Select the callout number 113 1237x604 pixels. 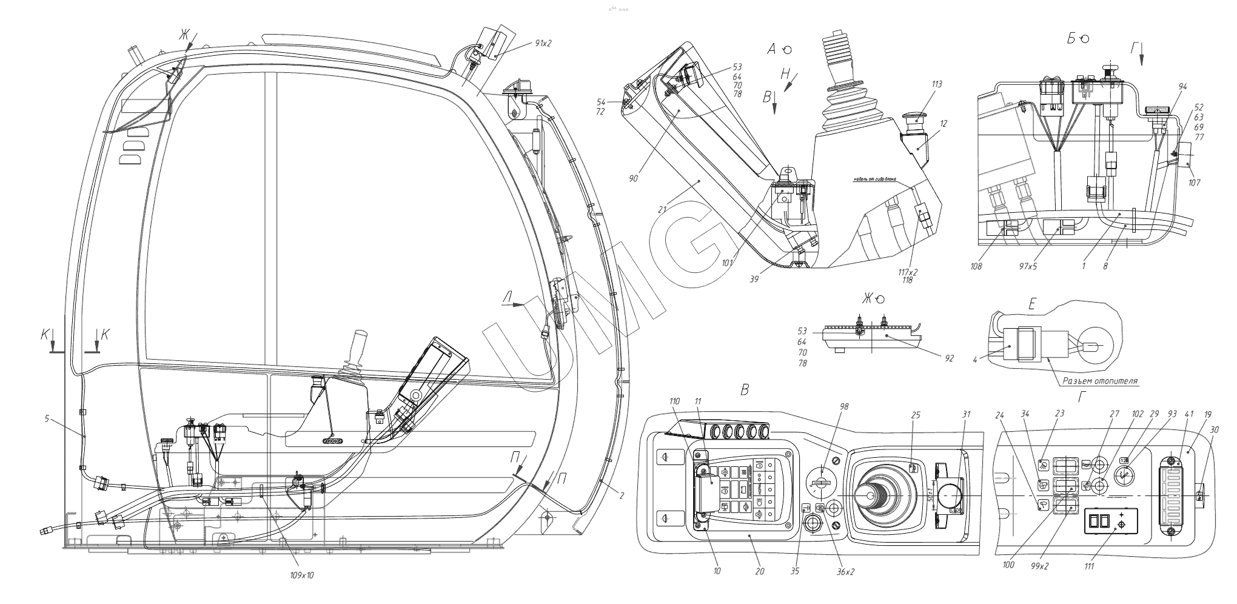coord(937,85)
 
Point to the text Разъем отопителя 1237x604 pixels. coord(1099,381)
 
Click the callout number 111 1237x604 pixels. coord(1089,566)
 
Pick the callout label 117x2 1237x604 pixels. coord(908,272)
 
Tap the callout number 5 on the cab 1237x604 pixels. coord(47,418)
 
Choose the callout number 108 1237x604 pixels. coord(976,266)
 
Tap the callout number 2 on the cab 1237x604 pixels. coord(622,496)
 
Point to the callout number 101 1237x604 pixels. coord(728,263)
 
